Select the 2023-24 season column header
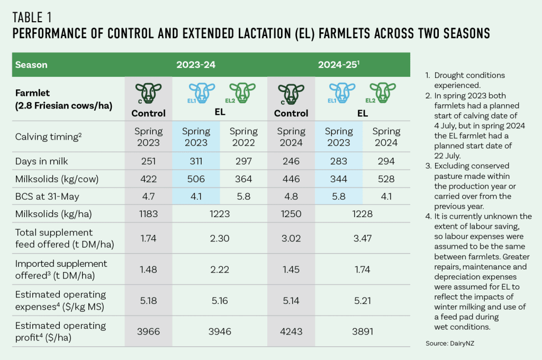(x=196, y=65)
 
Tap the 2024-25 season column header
(x=339, y=65)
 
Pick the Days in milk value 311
(x=196, y=160)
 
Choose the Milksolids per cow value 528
(x=386, y=179)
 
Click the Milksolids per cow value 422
(x=149, y=179)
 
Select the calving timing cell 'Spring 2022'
(x=243, y=137)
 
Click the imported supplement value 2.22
(x=220, y=269)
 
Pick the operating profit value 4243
(x=291, y=331)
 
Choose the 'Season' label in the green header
(x=31, y=65)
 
